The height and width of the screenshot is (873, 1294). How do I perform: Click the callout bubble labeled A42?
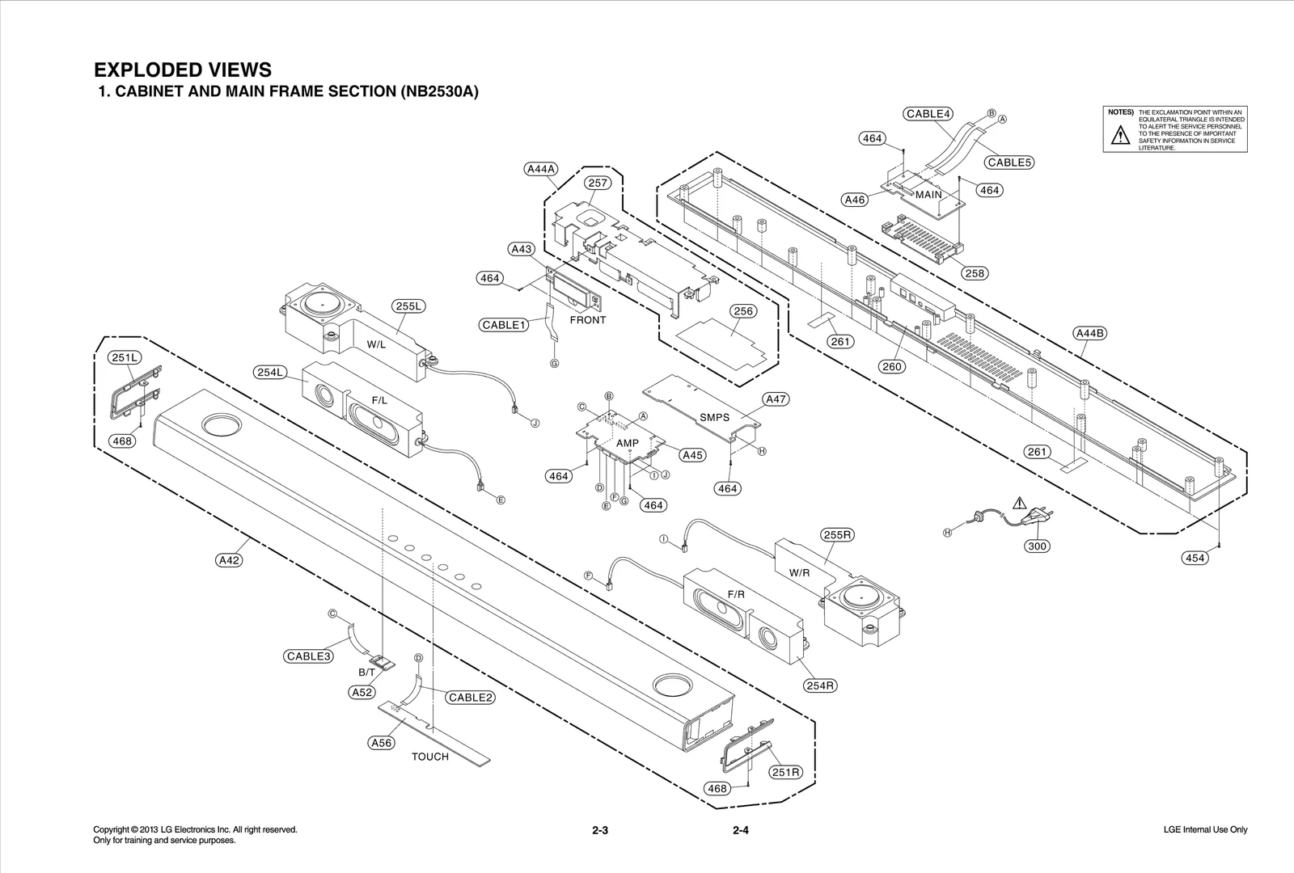point(230,559)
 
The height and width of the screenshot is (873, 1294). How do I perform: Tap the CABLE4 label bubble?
point(928,114)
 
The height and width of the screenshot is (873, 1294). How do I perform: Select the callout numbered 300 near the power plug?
point(1037,546)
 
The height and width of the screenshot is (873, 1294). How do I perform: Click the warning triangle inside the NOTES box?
point(1119,136)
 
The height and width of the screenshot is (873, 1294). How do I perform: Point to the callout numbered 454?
point(1195,558)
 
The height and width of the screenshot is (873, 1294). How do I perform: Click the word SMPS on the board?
point(714,418)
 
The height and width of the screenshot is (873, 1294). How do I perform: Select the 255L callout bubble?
point(409,306)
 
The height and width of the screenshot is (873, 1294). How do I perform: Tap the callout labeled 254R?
point(820,685)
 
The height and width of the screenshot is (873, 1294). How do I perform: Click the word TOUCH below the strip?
point(429,757)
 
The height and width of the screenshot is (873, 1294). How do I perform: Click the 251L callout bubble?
point(125,357)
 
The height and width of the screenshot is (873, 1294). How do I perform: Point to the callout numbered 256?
point(742,311)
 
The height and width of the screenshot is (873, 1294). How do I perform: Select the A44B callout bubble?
point(1090,333)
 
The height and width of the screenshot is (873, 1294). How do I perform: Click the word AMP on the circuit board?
point(627,443)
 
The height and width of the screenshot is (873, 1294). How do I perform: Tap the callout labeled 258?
point(975,273)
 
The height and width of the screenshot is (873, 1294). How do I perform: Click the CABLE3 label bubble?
point(309,656)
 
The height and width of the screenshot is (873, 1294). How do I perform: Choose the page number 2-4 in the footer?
point(740,830)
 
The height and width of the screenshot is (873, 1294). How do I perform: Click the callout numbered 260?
point(892,367)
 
